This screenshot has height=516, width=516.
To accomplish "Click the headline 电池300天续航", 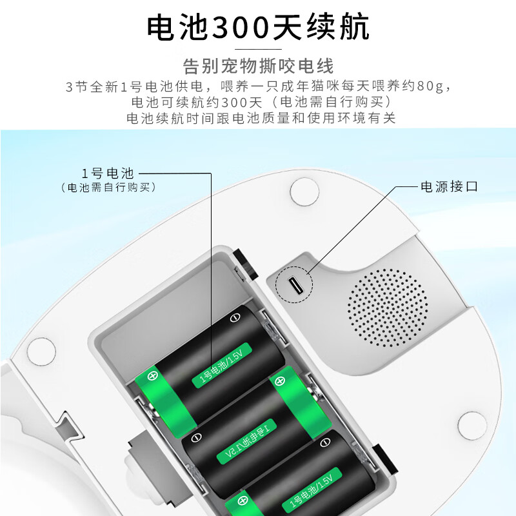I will [258, 27].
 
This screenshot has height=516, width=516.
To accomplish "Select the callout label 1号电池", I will [107, 173].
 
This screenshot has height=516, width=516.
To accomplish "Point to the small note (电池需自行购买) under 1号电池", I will [108, 187].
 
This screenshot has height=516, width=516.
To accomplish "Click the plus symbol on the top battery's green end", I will [154, 374].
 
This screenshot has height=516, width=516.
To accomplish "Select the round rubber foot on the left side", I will [41, 350].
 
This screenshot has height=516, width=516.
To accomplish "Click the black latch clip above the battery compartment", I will [244, 260].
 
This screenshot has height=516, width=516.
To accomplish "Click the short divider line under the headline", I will [258, 48].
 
